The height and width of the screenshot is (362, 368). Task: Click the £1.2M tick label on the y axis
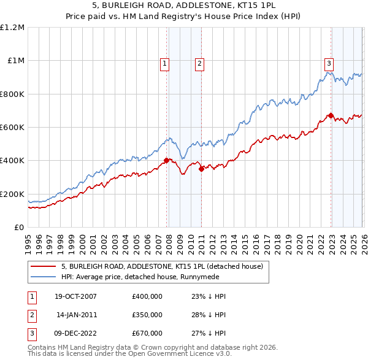[13, 28]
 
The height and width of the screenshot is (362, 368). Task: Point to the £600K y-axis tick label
[13, 128]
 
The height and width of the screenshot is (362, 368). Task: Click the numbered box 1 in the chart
[166, 63]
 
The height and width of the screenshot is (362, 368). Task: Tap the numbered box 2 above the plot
[200, 63]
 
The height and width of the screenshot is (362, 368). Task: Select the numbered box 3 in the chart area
[329, 63]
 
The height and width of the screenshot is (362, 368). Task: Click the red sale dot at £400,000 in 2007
[166, 161]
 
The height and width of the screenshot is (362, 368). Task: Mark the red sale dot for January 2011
[201, 169]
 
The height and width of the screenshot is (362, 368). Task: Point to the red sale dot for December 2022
[331, 115]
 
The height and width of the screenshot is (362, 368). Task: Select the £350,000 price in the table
[147, 315]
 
